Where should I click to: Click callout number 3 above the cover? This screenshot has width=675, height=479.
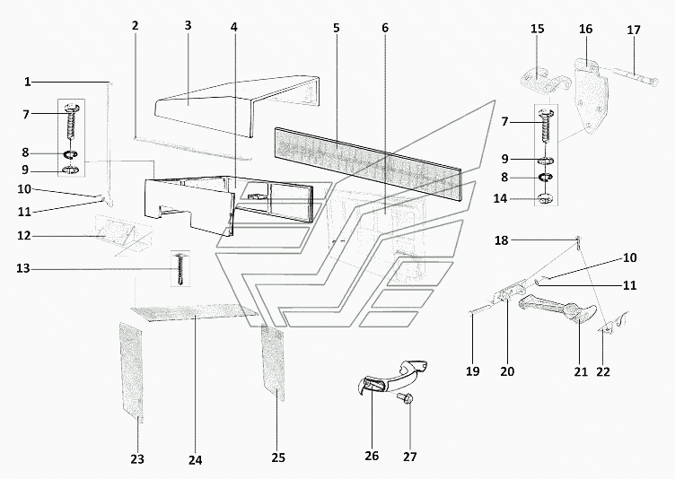188,26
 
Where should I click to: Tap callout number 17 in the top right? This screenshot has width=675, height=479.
634,30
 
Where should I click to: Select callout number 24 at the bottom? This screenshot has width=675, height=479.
196,460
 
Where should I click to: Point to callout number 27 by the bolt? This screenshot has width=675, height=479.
410,456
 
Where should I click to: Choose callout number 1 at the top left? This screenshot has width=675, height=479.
28,82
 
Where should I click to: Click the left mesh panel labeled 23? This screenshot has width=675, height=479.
132,370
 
